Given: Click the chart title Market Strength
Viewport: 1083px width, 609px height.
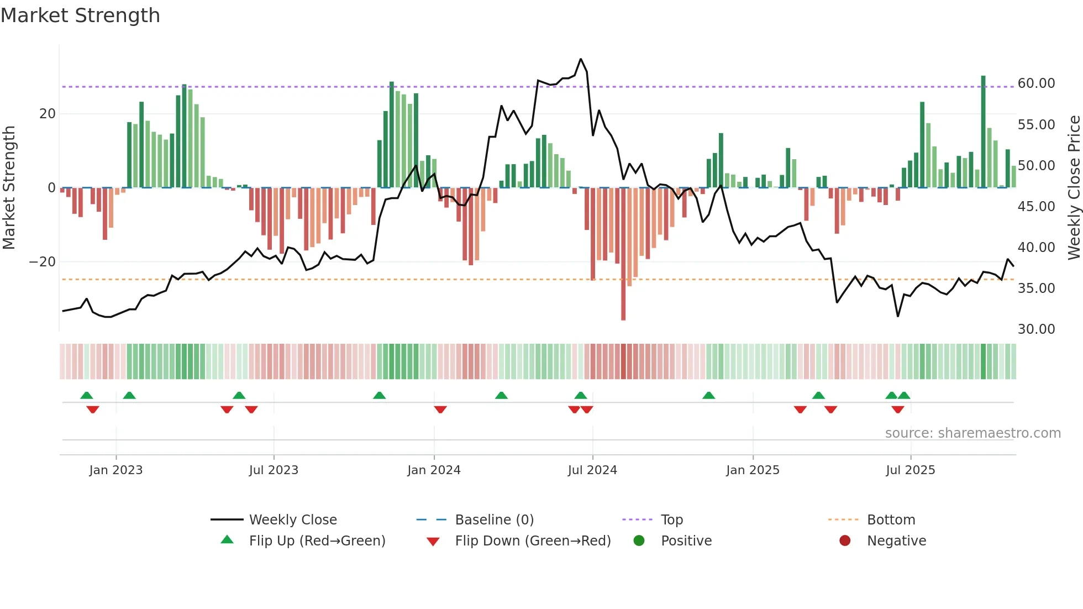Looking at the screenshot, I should [x=80, y=15].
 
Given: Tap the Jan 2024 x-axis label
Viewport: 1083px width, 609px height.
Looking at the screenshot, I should [x=434, y=470].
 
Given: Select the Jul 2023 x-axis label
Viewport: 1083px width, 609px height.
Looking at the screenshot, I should [x=274, y=470].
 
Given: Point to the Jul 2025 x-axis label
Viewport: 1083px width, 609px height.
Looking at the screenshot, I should [x=910, y=470].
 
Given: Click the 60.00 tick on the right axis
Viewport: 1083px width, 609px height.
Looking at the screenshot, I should [x=1036, y=83].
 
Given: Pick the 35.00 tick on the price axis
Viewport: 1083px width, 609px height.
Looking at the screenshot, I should [x=1036, y=288].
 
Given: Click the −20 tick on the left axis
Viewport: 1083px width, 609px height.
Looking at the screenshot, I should [x=43, y=262].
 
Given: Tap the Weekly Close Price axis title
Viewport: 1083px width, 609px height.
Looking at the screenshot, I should [x=1074, y=188].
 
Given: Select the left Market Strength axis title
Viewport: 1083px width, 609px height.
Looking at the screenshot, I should [x=9, y=188].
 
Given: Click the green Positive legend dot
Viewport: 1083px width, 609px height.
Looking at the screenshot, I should [x=639, y=541].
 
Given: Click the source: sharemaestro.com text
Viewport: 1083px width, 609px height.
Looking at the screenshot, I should [x=972, y=433].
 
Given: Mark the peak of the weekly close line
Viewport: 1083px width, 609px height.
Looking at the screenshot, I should [x=581, y=59].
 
